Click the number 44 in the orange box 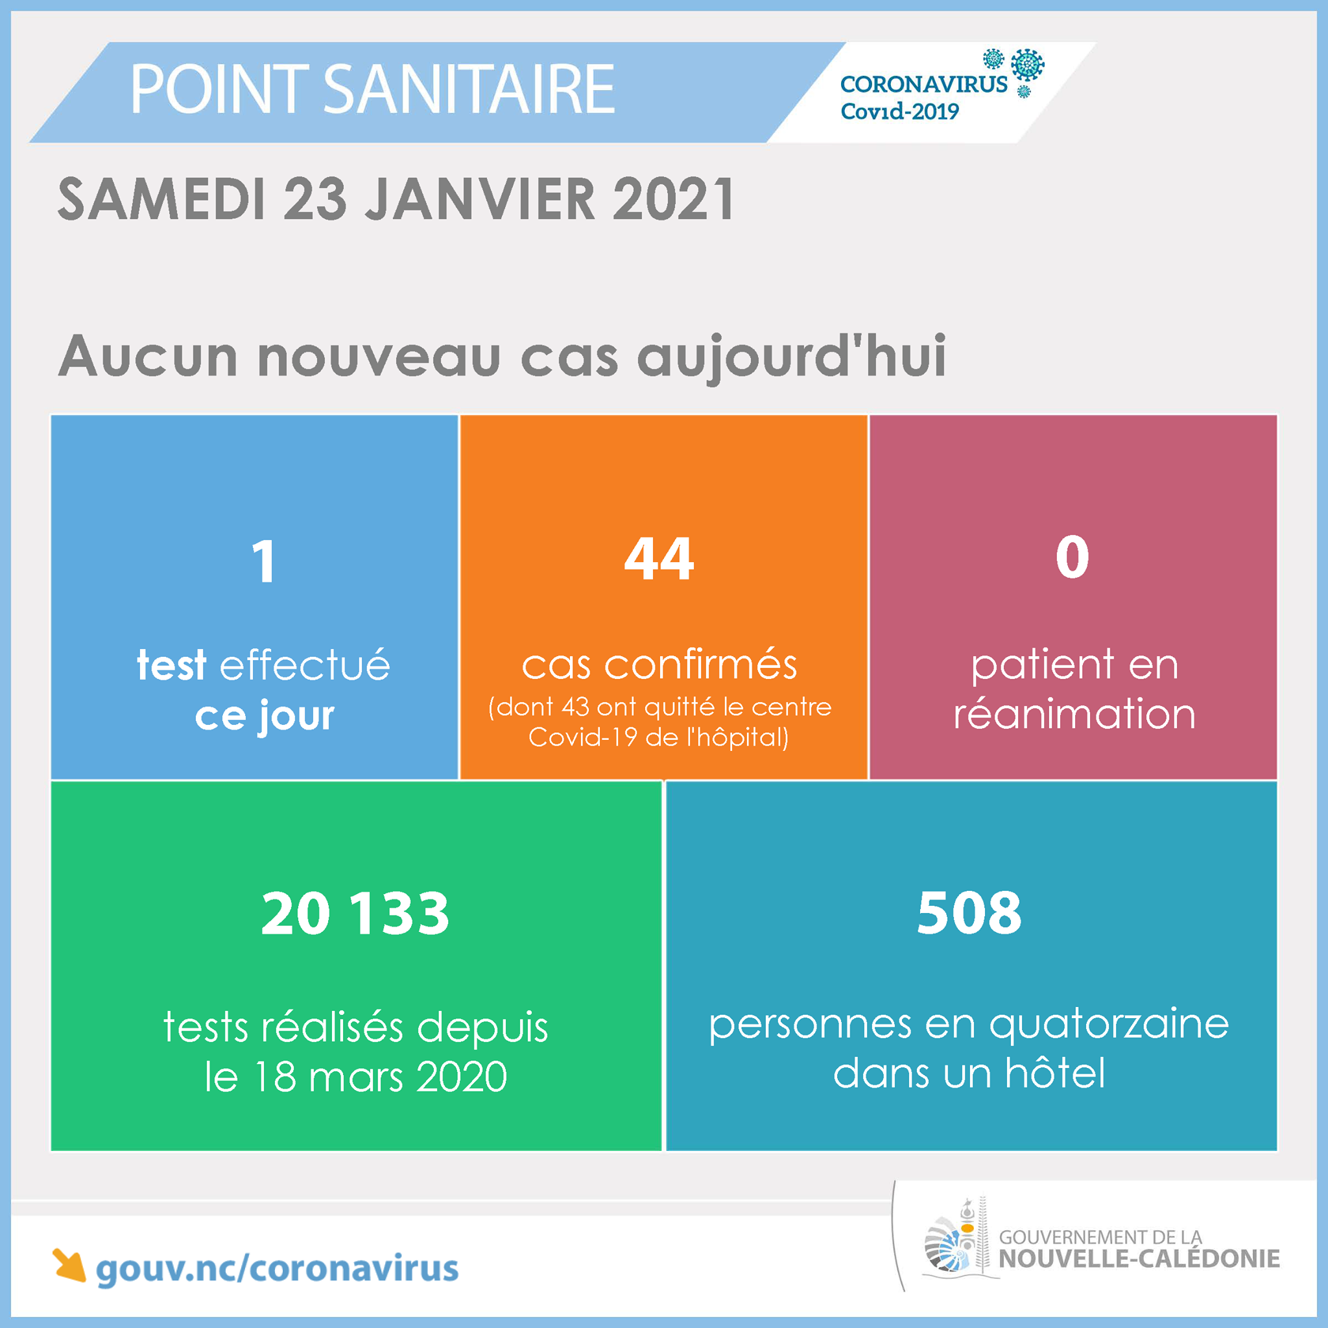[659, 558]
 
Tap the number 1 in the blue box [264, 562]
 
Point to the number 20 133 [355, 914]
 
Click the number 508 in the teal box [969, 913]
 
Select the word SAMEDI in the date [161, 199]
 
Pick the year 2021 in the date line [674, 199]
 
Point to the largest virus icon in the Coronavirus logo [1028, 65]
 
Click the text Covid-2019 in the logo [900, 112]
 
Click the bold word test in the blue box [171, 665]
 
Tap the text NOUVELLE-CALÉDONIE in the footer [1139, 1259]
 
